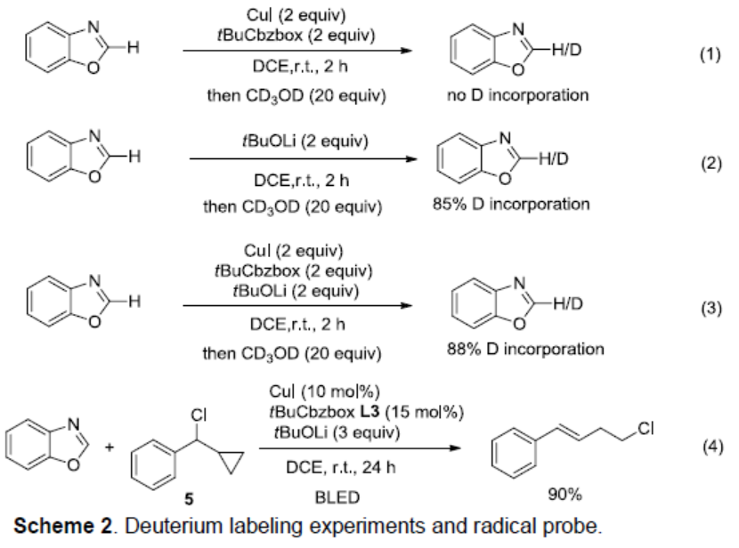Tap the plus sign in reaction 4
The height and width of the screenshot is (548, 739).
110,447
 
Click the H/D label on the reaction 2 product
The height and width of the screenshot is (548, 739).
553,159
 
